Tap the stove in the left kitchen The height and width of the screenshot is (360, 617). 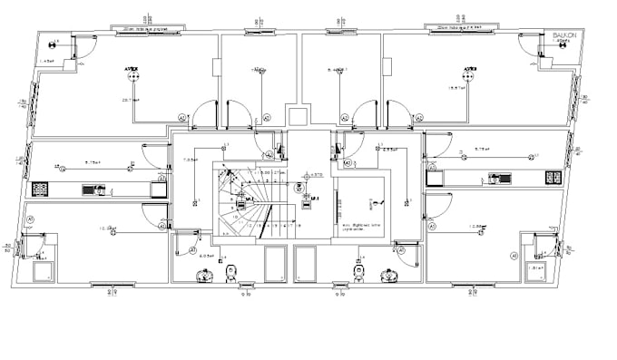(41, 190)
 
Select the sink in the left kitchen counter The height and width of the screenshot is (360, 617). (93, 190)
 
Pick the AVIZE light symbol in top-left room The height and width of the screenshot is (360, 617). (132, 71)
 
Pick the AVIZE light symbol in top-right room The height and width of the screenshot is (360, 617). (469, 71)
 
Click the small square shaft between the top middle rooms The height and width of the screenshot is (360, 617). (297, 115)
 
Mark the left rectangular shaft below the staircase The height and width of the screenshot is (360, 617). (275, 265)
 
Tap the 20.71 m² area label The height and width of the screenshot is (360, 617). (130, 99)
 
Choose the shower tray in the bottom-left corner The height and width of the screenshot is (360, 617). (41, 270)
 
